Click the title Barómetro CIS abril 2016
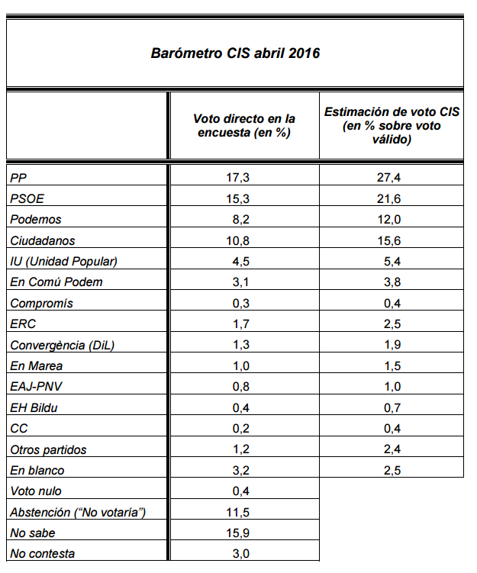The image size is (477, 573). (235, 53)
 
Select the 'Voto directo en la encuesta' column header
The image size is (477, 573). (244, 125)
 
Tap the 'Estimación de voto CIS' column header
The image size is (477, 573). (392, 125)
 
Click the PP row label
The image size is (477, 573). (18, 178)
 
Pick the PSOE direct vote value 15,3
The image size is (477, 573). (237, 198)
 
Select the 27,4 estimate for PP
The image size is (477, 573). (389, 178)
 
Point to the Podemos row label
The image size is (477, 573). (35, 219)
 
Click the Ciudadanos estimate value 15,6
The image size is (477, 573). (389, 240)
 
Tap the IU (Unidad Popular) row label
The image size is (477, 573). (63, 261)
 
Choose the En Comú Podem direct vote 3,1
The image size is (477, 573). (241, 282)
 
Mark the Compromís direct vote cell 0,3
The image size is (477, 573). (241, 304)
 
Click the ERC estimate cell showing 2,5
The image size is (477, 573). (392, 324)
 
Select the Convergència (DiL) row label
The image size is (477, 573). (62, 346)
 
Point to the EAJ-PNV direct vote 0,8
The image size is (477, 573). (241, 387)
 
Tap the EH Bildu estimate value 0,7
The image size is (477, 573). (392, 408)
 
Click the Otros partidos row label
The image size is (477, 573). (48, 449)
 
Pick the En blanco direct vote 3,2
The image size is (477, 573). (241, 470)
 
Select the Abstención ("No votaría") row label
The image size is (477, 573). (78, 512)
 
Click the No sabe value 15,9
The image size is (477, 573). (237, 533)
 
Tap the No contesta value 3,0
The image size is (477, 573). (241, 554)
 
